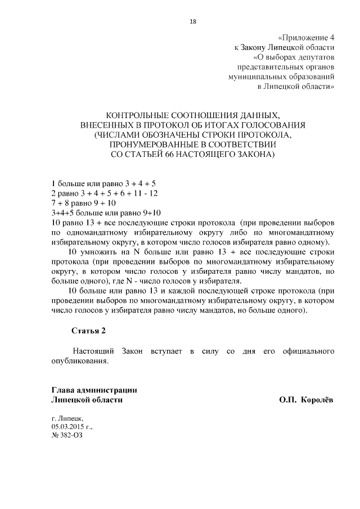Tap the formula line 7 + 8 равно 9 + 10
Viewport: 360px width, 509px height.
83,202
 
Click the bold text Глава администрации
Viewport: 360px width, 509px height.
94,390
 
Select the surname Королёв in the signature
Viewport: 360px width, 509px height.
317,400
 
